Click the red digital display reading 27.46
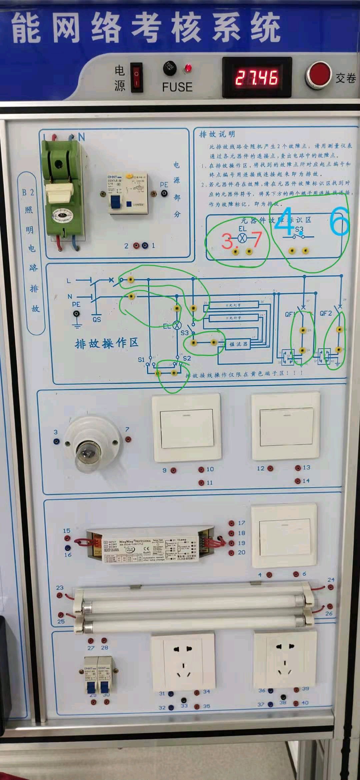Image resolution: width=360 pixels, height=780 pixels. click(257, 77)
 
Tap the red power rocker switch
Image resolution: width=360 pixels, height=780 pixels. click(136, 77)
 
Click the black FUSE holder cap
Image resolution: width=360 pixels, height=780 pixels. click(170, 68)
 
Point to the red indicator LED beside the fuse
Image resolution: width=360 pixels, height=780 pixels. click(188, 68)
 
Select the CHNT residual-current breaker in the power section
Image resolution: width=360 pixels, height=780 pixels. click(127, 193)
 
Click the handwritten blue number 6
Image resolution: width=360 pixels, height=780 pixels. click(339, 221)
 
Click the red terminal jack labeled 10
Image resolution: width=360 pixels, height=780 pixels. click(201, 470)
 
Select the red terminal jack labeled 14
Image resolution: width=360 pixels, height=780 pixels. click(297, 481)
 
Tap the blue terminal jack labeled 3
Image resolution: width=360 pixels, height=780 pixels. click(56, 441)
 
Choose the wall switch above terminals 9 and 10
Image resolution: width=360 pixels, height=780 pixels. click(186, 428)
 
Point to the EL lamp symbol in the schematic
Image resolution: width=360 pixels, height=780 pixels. click(177, 325)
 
